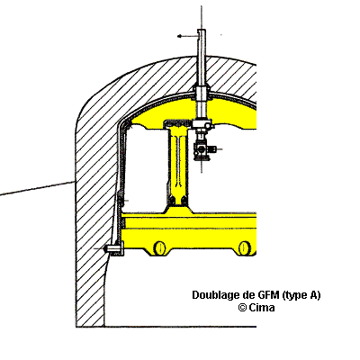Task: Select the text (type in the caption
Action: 294,296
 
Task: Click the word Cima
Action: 262,308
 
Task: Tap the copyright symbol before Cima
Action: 242,308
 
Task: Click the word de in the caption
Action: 248,295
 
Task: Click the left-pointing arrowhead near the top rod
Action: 180,36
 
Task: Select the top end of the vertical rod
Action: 202,30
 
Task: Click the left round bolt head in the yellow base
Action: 160,247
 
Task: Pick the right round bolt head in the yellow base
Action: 245,247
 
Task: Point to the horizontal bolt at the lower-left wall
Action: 113,248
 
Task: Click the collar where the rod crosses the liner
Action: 202,92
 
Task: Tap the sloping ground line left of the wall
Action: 37,188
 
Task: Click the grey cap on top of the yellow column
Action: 177,122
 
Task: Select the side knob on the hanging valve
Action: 212,148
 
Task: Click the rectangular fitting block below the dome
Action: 202,124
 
